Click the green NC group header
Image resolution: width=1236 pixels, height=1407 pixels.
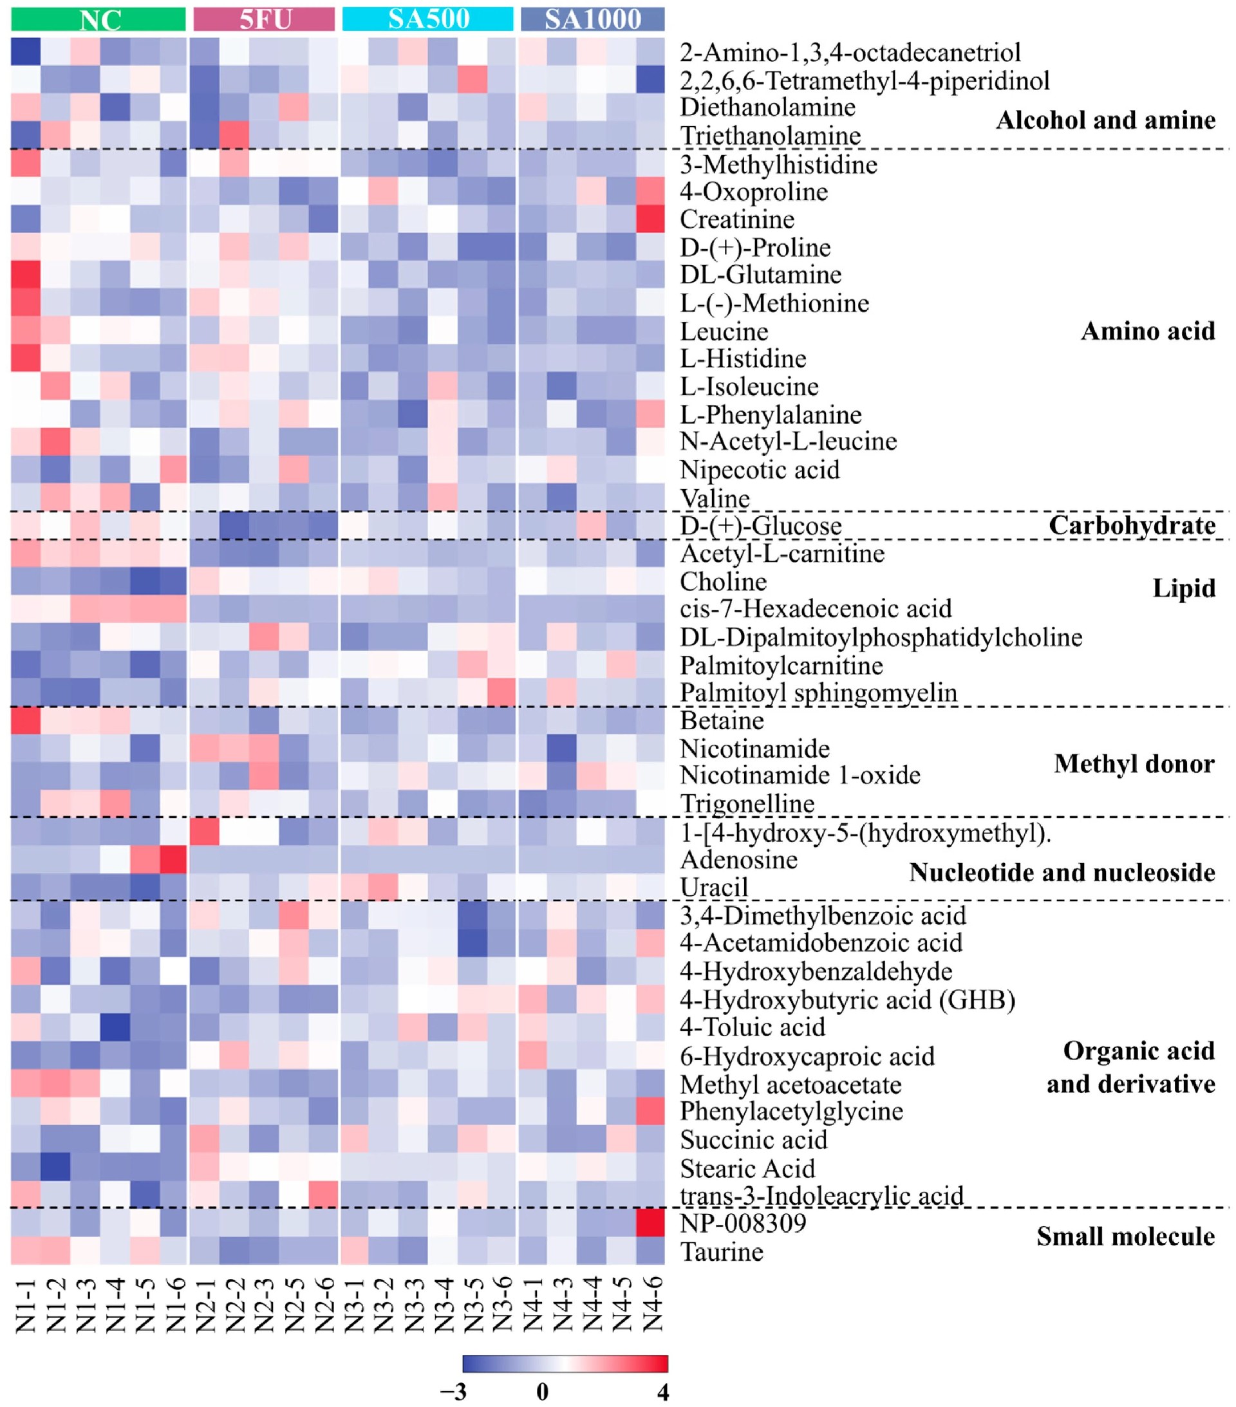coord(98,19)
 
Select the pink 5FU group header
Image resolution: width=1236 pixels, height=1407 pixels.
coord(264,19)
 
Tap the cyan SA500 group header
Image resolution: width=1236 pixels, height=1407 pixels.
coord(427,19)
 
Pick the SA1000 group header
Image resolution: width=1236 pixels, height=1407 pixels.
coord(592,19)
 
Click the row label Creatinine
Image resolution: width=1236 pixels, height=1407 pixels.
coord(737,219)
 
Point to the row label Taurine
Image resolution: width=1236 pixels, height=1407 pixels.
coord(722,1251)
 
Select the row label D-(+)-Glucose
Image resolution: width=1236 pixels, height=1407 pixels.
coord(760,526)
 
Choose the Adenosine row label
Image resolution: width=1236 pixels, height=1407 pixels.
coord(739,859)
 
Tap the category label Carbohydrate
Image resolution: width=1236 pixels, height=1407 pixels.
coord(1132,525)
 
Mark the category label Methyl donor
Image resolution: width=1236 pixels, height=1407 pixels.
coord(1134,763)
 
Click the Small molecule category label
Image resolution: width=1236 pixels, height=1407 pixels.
coord(1126,1236)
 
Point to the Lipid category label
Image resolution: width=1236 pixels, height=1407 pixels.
coord(1184,588)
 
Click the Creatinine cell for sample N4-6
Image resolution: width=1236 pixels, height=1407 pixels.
coord(650,219)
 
